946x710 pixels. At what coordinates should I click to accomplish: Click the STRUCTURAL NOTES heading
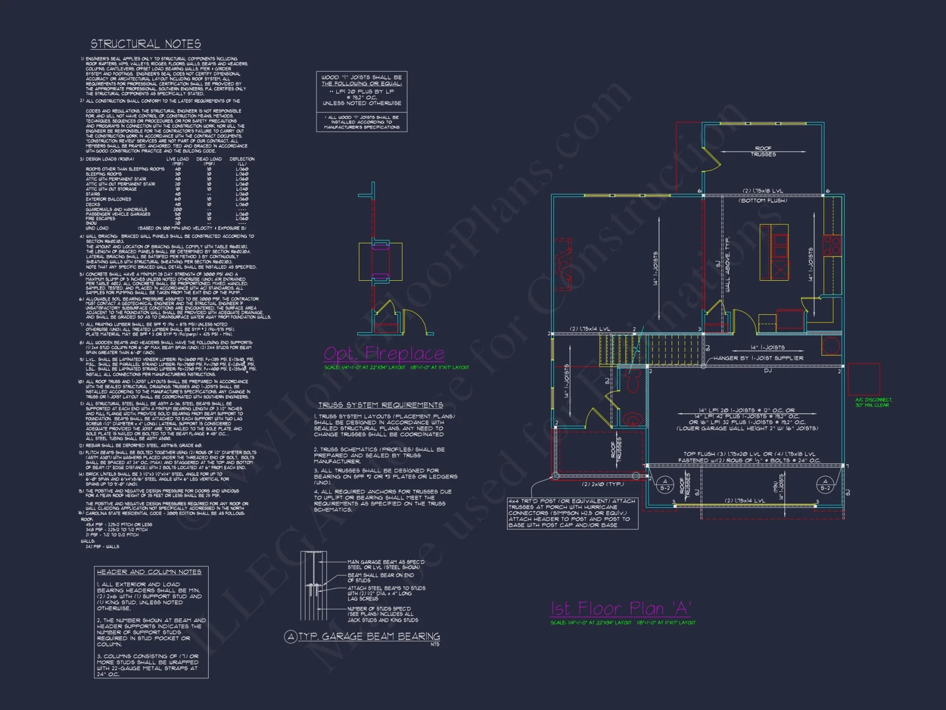[146, 44]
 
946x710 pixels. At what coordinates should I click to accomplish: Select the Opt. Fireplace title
[384, 354]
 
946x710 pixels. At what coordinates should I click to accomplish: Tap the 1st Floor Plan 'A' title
[621, 609]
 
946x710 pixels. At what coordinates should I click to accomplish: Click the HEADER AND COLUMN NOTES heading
[149, 572]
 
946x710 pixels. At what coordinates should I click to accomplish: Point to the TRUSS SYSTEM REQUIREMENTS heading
[380, 405]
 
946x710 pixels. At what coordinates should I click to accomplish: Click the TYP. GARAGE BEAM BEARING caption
[369, 637]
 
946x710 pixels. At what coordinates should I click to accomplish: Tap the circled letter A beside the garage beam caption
[290, 637]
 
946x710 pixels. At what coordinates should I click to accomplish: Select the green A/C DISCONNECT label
[874, 402]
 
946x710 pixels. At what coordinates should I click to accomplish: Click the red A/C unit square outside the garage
[863, 379]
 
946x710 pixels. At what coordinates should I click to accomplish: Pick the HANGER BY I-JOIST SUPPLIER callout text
[758, 358]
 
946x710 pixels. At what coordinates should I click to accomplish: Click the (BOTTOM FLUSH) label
[763, 201]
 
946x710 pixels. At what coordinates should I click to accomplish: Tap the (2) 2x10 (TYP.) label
[603, 484]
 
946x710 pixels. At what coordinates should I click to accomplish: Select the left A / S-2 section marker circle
[665, 484]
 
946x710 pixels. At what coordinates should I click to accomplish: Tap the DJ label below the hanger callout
[767, 371]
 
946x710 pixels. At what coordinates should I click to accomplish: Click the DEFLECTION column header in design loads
[242, 159]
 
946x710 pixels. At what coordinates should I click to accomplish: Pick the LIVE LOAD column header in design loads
[177, 159]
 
